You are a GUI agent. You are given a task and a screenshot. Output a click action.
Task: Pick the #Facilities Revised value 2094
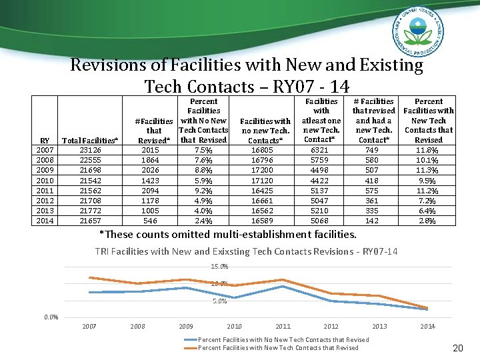pos(151,190)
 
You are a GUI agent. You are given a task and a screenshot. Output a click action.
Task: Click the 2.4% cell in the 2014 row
pos(204,220)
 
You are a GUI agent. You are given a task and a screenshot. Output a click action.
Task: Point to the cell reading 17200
pos(265,170)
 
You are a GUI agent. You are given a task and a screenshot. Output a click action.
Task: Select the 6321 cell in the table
pos(321,150)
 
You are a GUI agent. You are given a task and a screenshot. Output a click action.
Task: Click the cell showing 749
pos(373,150)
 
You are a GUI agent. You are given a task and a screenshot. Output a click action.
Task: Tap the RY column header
pos(45,141)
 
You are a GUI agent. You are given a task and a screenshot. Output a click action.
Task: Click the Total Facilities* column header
pos(91,141)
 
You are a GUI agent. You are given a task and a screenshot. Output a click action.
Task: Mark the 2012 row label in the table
pos(45,200)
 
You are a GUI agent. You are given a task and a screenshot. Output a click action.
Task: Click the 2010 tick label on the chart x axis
pos(235,327)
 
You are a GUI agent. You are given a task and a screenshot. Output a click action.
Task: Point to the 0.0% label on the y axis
pos(51,317)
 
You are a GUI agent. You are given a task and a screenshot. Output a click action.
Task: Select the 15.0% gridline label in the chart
pos(219,267)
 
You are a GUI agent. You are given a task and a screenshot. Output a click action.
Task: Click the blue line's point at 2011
pos(283,286)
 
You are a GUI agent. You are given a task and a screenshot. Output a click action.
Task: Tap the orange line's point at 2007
pos(89,277)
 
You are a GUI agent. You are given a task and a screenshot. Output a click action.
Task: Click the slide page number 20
pos(457,348)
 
